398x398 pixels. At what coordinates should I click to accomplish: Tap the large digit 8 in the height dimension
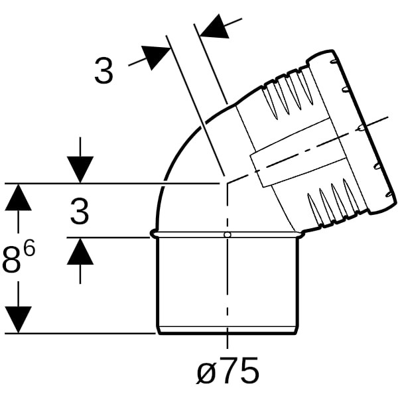pyautogui.click(x=12, y=260)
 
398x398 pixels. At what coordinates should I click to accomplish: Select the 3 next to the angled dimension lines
pyautogui.click(x=103, y=70)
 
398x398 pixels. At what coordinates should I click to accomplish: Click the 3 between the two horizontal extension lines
pyautogui.click(x=80, y=211)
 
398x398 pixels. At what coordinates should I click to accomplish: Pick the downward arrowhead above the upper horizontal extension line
pyautogui.click(x=80, y=170)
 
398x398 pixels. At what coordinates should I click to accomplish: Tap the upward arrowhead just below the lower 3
pyautogui.click(x=80, y=252)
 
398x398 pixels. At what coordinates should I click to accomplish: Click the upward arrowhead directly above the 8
pyautogui.click(x=18, y=197)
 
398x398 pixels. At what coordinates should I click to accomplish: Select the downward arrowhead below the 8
pyautogui.click(x=18, y=319)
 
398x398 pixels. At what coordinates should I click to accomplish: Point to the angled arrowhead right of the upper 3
pyautogui.click(x=155, y=57)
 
